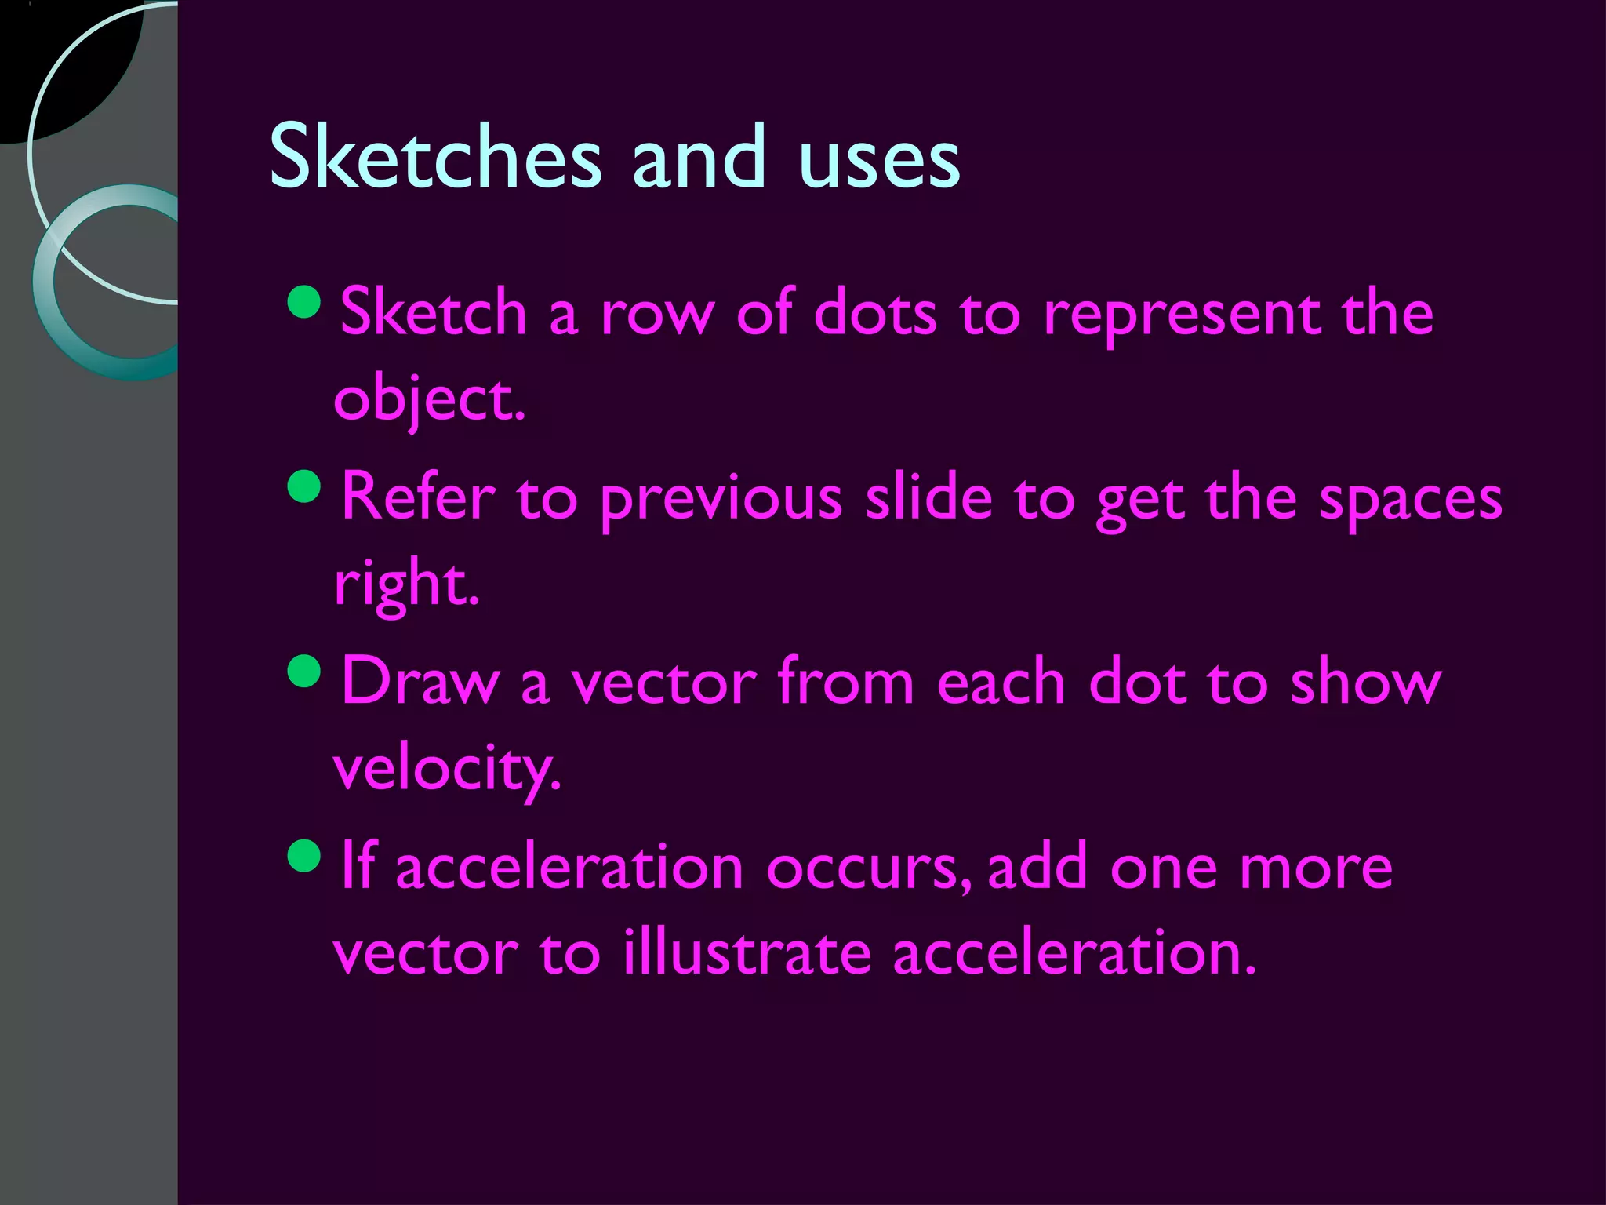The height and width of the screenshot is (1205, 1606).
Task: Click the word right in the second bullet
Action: (x=405, y=585)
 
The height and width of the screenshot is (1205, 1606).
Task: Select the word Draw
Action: (x=420, y=683)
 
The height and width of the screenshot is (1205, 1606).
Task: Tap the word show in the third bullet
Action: (x=1365, y=683)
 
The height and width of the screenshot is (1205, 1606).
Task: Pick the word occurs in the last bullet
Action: (x=870, y=869)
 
